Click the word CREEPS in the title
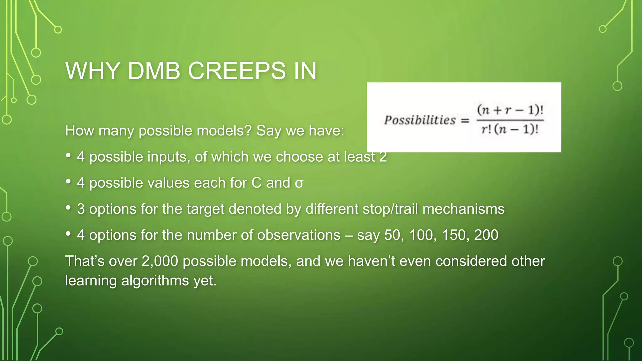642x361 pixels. click(237, 71)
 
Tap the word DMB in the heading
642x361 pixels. click(154, 71)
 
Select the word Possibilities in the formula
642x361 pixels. click(420, 120)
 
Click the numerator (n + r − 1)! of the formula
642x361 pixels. click(510, 110)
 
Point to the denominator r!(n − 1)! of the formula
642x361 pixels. click(510, 129)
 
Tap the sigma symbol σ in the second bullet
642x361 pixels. click(299, 183)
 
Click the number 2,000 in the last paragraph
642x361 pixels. click(160, 261)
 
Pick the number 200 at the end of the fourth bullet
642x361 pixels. click(486, 235)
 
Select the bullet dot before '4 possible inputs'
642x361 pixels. click(68, 155)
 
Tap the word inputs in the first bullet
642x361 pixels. click(171, 157)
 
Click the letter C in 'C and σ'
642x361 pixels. click(256, 183)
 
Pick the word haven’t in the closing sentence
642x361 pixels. click(371, 261)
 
